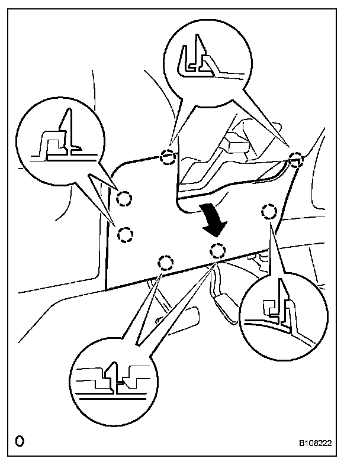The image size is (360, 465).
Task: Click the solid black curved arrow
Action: pos(213,219)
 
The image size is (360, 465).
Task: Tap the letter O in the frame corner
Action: pos(21,441)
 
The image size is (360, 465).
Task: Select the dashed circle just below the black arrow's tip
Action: pos(218,250)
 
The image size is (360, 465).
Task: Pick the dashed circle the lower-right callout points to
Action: pos(269,211)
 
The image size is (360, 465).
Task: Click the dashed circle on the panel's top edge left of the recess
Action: pos(169,157)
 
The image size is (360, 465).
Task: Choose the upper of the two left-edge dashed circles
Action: pos(124,199)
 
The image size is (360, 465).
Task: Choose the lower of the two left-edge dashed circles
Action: pos(125,235)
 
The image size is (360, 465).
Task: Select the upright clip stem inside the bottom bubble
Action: pos(118,375)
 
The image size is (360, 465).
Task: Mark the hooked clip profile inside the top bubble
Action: pos(195,59)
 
